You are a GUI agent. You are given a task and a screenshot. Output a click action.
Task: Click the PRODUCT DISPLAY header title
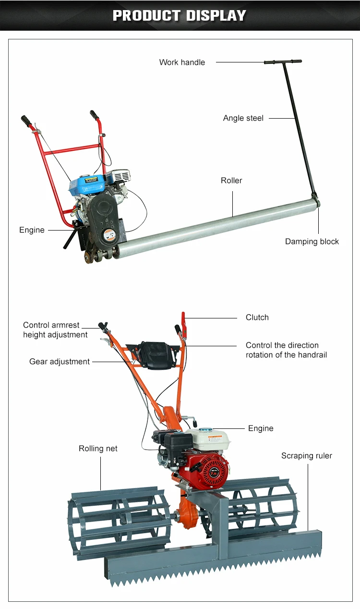[180, 15]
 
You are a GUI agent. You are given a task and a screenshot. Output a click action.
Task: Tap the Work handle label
[182, 62]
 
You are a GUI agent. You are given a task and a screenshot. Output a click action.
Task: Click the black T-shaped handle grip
[283, 62]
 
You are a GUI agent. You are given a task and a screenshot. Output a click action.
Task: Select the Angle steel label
[243, 118]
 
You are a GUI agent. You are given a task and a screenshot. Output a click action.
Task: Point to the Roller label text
[231, 181]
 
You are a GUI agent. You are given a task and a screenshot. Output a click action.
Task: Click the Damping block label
[312, 242]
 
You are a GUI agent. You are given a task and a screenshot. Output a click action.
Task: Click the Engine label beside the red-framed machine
[32, 230]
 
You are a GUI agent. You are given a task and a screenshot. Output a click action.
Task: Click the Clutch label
[257, 317]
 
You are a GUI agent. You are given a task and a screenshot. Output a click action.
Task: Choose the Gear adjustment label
[60, 362]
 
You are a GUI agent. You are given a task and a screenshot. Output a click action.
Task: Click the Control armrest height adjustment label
[55, 330]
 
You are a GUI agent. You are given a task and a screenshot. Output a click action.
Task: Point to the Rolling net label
[98, 449]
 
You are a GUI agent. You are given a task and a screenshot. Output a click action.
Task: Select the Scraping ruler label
[306, 456]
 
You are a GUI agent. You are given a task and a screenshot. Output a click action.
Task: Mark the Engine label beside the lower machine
[261, 428]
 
